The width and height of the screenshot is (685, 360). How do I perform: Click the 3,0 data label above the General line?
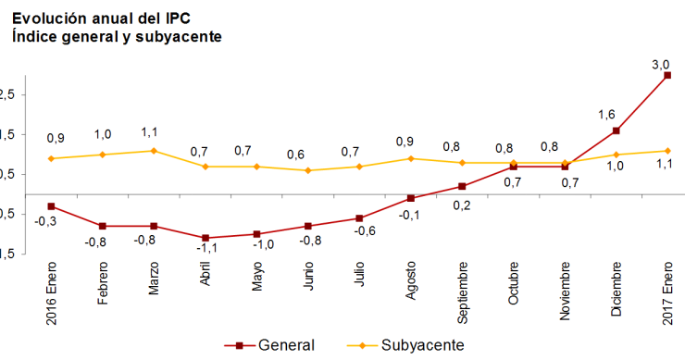(x=661, y=64)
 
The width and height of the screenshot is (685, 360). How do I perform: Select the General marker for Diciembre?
(x=616, y=130)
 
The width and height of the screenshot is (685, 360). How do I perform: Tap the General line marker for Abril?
(x=205, y=238)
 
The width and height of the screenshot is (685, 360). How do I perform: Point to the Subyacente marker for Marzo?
(x=153, y=151)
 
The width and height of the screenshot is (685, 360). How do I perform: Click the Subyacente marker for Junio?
(x=307, y=170)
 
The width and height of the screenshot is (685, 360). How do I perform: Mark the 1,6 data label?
(x=607, y=114)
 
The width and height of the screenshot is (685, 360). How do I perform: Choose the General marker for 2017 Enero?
(x=666, y=75)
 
